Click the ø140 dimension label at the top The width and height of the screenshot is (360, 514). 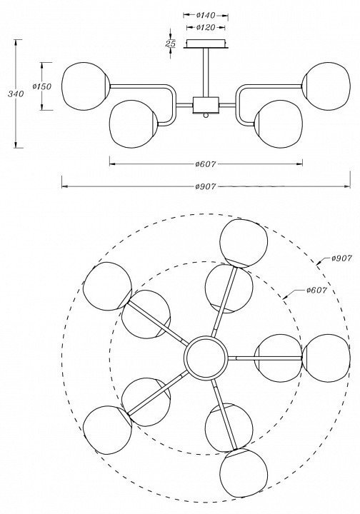pyautogui.click(x=206, y=15)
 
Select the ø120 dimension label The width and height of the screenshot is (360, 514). pyautogui.click(x=206, y=28)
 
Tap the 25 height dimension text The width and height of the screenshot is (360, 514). pyautogui.click(x=170, y=44)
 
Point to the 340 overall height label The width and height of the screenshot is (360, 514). pyautogui.click(x=16, y=94)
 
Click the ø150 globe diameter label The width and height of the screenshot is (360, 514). pyautogui.click(x=42, y=86)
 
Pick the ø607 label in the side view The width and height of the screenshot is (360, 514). pyautogui.click(x=206, y=164)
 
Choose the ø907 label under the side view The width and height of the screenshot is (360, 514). pyautogui.click(x=206, y=186)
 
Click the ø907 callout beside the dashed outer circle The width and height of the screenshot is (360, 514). pyautogui.click(x=341, y=258)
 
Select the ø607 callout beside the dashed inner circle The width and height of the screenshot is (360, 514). pyautogui.click(x=316, y=290)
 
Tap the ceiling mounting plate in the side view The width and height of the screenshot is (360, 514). pyautogui.click(x=206, y=44)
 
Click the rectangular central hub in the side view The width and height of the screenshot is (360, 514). pyautogui.click(x=206, y=105)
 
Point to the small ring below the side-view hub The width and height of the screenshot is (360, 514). pyautogui.click(x=206, y=115)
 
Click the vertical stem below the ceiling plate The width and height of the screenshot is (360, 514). pyautogui.click(x=206, y=72)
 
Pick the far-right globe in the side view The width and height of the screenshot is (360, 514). pyautogui.click(x=326, y=86)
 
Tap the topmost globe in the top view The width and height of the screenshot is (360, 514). pyautogui.click(x=244, y=243)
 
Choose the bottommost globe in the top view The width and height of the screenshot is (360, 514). pyautogui.click(x=244, y=473)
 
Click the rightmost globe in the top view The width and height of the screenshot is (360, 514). pyautogui.click(x=326, y=358)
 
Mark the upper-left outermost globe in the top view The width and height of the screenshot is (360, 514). pyautogui.click(x=108, y=286)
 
